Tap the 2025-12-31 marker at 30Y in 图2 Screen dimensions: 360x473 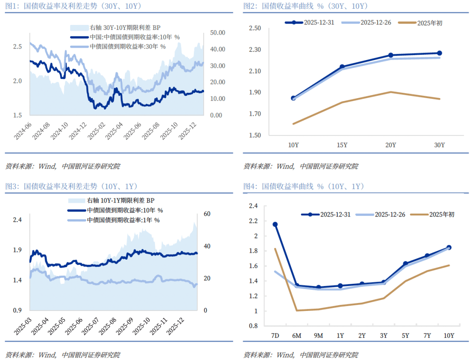[439, 53]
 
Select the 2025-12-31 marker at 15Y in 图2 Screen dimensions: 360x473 [342, 67]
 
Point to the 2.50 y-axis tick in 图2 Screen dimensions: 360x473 [254, 28]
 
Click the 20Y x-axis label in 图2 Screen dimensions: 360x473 [391, 145]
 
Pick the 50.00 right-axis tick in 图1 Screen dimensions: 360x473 [217, 33]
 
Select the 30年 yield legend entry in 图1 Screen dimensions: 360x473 [127, 46]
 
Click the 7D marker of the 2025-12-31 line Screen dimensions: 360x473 [275, 225]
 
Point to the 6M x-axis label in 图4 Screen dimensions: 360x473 [297, 336]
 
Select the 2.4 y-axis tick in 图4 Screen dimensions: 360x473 [254, 206]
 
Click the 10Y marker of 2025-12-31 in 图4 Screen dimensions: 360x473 [449, 247]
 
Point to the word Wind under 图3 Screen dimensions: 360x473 [47, 354]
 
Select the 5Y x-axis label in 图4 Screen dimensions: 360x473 [406, 336]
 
